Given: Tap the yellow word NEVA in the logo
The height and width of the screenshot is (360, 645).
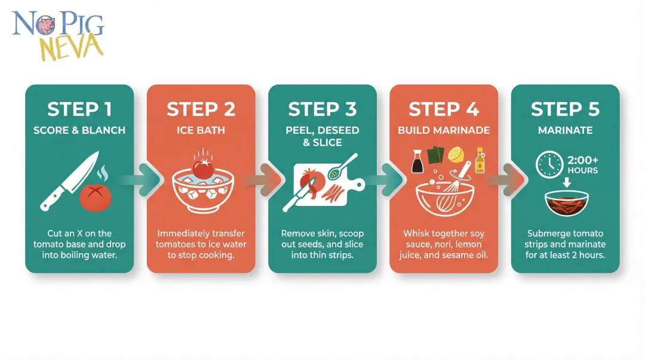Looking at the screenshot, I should click(71, 47).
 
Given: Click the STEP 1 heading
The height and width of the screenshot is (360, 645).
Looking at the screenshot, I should click(79, 109).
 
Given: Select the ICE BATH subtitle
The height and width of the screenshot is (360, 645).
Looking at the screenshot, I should click(201, 130).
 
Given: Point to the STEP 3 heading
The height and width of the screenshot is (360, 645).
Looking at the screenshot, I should click(322, 109).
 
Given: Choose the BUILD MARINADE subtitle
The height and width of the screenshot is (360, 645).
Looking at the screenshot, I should click(444, 130).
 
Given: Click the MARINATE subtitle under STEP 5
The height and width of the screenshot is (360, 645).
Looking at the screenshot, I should click(565, 130).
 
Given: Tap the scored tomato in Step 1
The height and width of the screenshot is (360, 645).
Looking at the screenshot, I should click(96, 198).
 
